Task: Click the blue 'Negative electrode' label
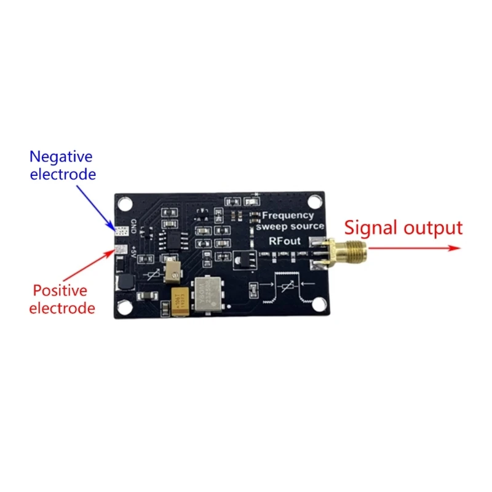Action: [63, 165]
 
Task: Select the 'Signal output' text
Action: [403, 228]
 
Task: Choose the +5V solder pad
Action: [121, 251]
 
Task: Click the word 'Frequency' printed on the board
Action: [288, 215]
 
